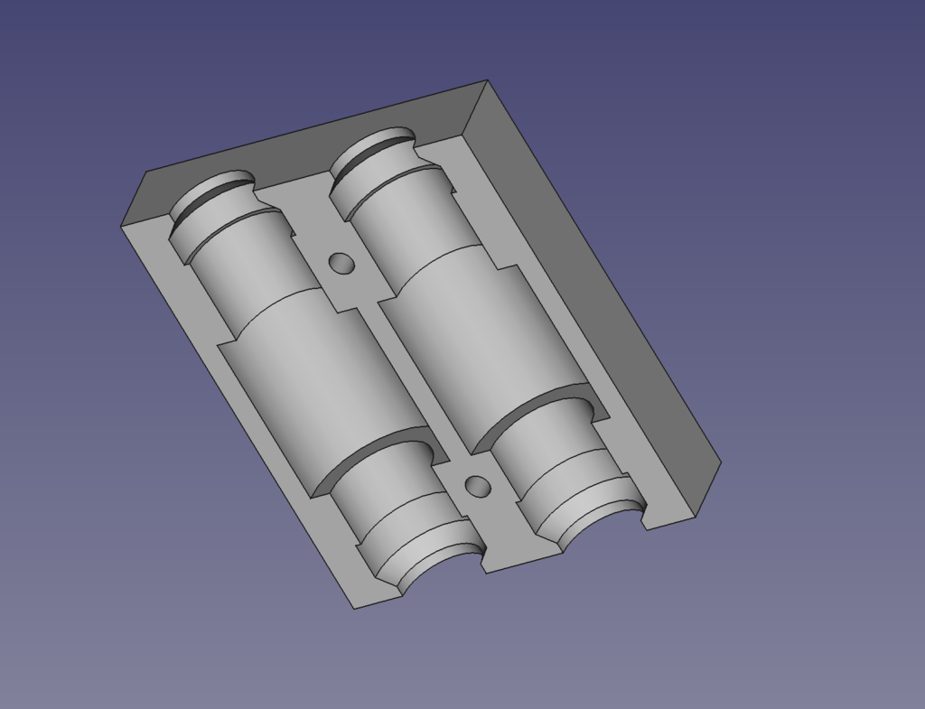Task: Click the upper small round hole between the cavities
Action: click(341, 263)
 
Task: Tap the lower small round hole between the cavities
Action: click(477, 487)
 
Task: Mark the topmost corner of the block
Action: click(488, 80)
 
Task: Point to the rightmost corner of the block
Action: click(721, 462)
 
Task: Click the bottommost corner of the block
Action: click(354, 609)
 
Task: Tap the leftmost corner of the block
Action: click(121, 226)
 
